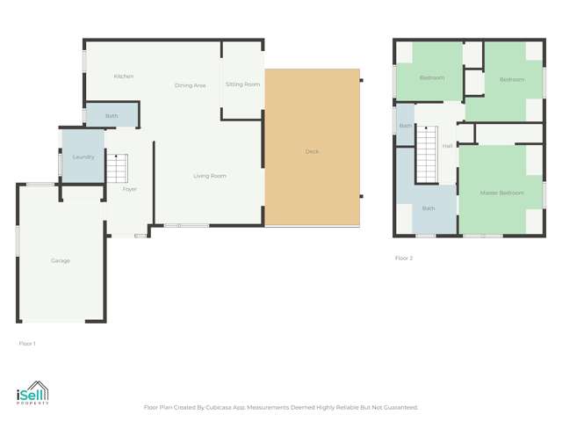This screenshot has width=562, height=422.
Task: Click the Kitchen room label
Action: click(x=124, y=76)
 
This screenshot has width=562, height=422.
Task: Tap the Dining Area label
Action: click(x=190, y=85)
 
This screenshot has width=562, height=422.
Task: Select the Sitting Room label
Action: click(x=242, y=84)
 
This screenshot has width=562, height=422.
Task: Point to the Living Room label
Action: click(x=210, y=176)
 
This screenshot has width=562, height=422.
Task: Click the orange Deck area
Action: click(x=312, y=151)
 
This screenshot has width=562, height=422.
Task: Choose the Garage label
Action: click(x=60, y=260)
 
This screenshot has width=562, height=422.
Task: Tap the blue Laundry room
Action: click(x=83, y=156)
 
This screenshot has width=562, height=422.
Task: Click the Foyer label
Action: click(x=129, y=189)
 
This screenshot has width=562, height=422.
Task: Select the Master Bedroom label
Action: click(x=501, y=193)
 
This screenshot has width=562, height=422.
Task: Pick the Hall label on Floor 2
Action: click(x=447, y=146)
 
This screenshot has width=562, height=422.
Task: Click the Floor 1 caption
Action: click(x=27, y=343)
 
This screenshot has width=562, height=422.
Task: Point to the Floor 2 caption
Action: click(x=403, y=258)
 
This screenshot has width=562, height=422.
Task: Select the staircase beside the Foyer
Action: click(x=118, y=166)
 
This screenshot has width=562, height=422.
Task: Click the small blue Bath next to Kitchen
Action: click(x=112, y=115)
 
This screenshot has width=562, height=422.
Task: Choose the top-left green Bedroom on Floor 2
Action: click(x=430, y=77)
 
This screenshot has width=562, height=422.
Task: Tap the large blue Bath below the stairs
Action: click(x=429, y=208)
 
